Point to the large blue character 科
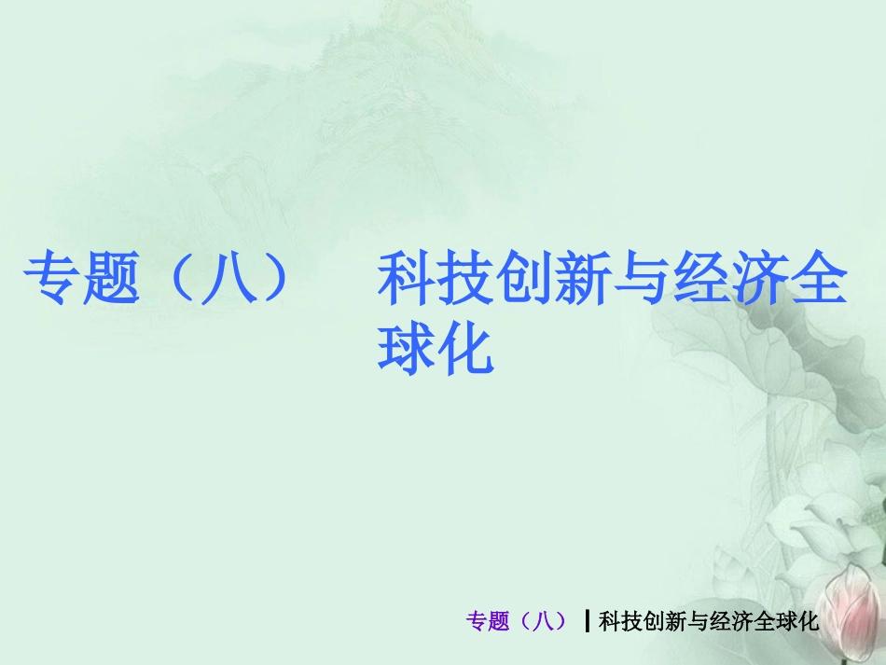(x=407, y=281)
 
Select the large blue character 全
(x=818, y=281)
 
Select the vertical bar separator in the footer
(x=587, y=621)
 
